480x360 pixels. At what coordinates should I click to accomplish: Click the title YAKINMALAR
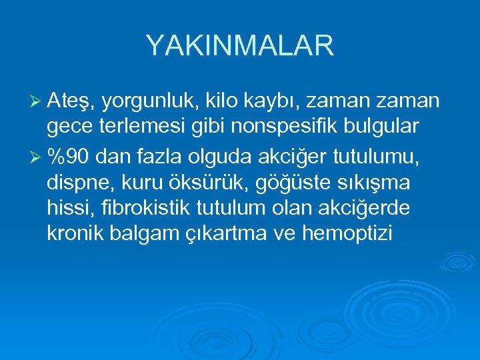pyautogui.click(x=239, y=46)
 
